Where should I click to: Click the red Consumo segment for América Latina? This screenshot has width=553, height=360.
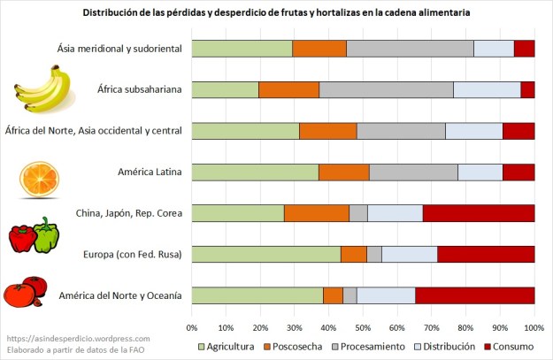pos(518,172)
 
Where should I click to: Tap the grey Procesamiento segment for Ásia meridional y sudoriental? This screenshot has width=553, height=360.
pos(410,49)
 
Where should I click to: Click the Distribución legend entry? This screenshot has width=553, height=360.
pos(443,346)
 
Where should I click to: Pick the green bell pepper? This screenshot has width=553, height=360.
pos(46,234)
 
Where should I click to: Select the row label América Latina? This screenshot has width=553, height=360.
pos(150,172)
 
